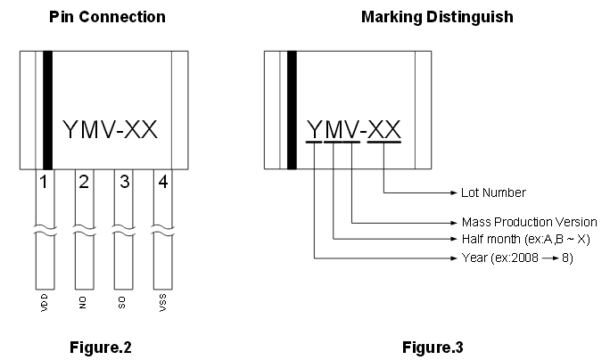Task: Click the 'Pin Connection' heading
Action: (107, 17)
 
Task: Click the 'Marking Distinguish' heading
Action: (436, 17)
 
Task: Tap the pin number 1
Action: (42, 184)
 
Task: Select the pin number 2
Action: (83, 184)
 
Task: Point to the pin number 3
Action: (124, 184)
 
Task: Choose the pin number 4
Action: (162, 184)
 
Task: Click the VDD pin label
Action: (45, 304)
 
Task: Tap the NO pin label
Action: (83, 303)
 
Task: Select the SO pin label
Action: (123, 303)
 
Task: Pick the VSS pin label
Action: (162, 304)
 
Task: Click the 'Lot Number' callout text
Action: (493, 192)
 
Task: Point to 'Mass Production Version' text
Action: (529, 222)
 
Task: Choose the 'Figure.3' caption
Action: (433, 347)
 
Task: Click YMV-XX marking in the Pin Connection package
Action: (111, 130)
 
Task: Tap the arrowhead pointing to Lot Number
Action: (451, 192)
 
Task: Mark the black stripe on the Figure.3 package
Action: (292, 110)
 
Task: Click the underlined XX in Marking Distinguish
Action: (384, 129)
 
